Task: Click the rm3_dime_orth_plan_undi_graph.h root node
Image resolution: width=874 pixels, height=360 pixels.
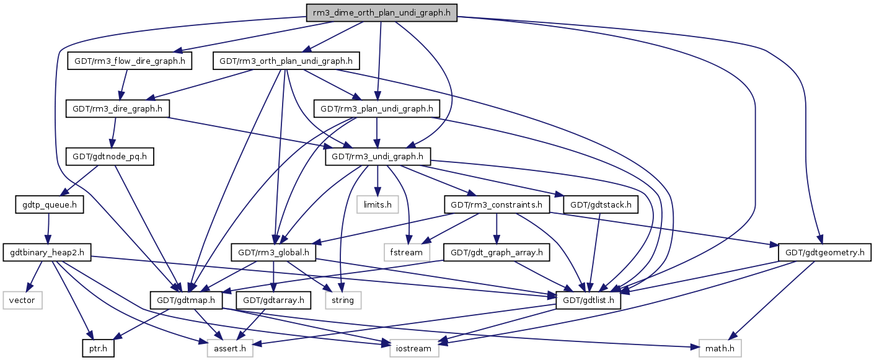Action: click(381, 12)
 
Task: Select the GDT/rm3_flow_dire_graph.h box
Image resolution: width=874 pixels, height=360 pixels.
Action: click(130, 61)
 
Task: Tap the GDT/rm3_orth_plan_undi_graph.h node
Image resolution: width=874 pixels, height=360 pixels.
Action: click(286, 61)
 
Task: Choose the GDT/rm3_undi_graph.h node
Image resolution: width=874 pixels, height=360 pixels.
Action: click(377, 157)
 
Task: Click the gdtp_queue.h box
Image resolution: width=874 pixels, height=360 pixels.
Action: click(49, 204)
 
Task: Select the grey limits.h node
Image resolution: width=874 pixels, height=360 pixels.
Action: click(377, 204)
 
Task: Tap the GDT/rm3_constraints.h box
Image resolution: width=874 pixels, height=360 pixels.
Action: click(497, 204)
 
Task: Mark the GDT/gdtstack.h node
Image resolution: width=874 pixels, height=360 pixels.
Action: click(601, 204)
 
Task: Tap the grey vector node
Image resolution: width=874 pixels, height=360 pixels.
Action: click(22, 300)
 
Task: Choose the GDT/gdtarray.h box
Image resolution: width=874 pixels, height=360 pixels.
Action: click(275, 300)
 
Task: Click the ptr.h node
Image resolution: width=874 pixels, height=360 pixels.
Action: click(98, 348)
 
